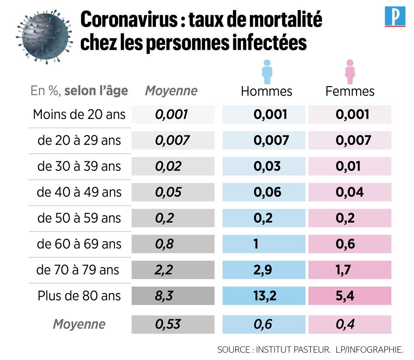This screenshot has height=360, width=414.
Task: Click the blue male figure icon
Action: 267,72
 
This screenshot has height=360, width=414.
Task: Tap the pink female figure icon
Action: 350,72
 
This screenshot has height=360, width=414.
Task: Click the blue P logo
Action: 395,17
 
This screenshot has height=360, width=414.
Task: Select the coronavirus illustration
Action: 44,36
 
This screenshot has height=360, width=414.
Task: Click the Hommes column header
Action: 267,91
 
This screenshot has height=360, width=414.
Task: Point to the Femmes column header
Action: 350,91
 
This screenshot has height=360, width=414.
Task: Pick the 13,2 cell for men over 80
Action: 264,296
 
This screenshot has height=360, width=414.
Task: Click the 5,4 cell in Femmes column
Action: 350,296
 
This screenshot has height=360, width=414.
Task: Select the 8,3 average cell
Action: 173,296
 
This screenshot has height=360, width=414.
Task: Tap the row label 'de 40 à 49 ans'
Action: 79,192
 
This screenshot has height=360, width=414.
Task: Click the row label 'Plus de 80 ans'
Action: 79,296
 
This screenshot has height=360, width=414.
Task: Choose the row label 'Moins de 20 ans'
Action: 79,115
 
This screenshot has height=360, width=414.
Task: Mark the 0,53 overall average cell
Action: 173,324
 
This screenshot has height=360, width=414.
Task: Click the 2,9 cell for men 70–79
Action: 264,270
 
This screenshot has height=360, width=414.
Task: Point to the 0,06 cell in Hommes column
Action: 264,192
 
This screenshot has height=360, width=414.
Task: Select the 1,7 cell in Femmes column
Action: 350,270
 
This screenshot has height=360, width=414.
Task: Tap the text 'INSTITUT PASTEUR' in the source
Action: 293,350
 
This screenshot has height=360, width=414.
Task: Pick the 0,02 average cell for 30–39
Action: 173,166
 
